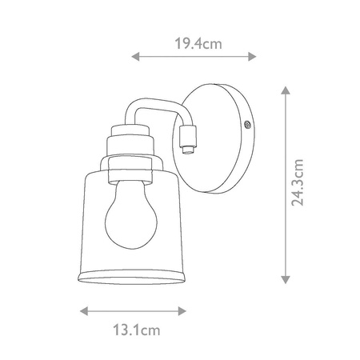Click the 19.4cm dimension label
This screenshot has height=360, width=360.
tap(194, 44)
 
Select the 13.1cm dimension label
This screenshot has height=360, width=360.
tap(133, 328)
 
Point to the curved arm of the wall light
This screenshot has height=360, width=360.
tap(148, 112)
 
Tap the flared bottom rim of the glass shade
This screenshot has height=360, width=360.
tap(134, 275)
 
